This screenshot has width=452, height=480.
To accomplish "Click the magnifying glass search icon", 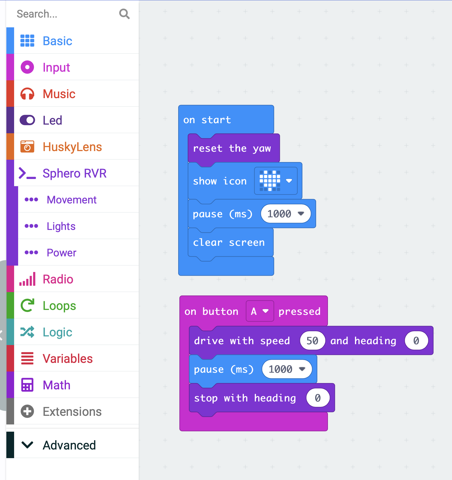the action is coord(124,14).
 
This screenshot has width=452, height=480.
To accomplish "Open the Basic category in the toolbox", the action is coord(57,41).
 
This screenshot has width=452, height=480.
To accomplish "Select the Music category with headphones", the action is coord(59,94).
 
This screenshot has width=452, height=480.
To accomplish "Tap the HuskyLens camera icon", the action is coord(27,146).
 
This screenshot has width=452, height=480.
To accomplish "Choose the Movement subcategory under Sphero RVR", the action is coord(71,200).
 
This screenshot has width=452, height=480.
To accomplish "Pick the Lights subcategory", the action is coord(61,226).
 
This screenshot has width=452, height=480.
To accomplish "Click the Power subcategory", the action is coord(61,253).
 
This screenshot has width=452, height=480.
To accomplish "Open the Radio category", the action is coord(58,279).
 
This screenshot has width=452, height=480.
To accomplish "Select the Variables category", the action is coord(68,359).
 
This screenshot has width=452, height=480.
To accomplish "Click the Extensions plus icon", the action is coord(27,411).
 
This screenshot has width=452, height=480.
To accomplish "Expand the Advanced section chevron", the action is coord(27,445).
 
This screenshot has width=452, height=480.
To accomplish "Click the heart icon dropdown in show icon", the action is coord(276,181).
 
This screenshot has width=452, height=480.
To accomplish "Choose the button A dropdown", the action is coord(260,311).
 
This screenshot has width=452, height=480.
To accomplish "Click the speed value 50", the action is coord(312,341).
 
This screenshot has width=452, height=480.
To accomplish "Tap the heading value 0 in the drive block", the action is coord(416,341).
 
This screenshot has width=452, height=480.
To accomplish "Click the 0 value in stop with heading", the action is coord(318,398).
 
